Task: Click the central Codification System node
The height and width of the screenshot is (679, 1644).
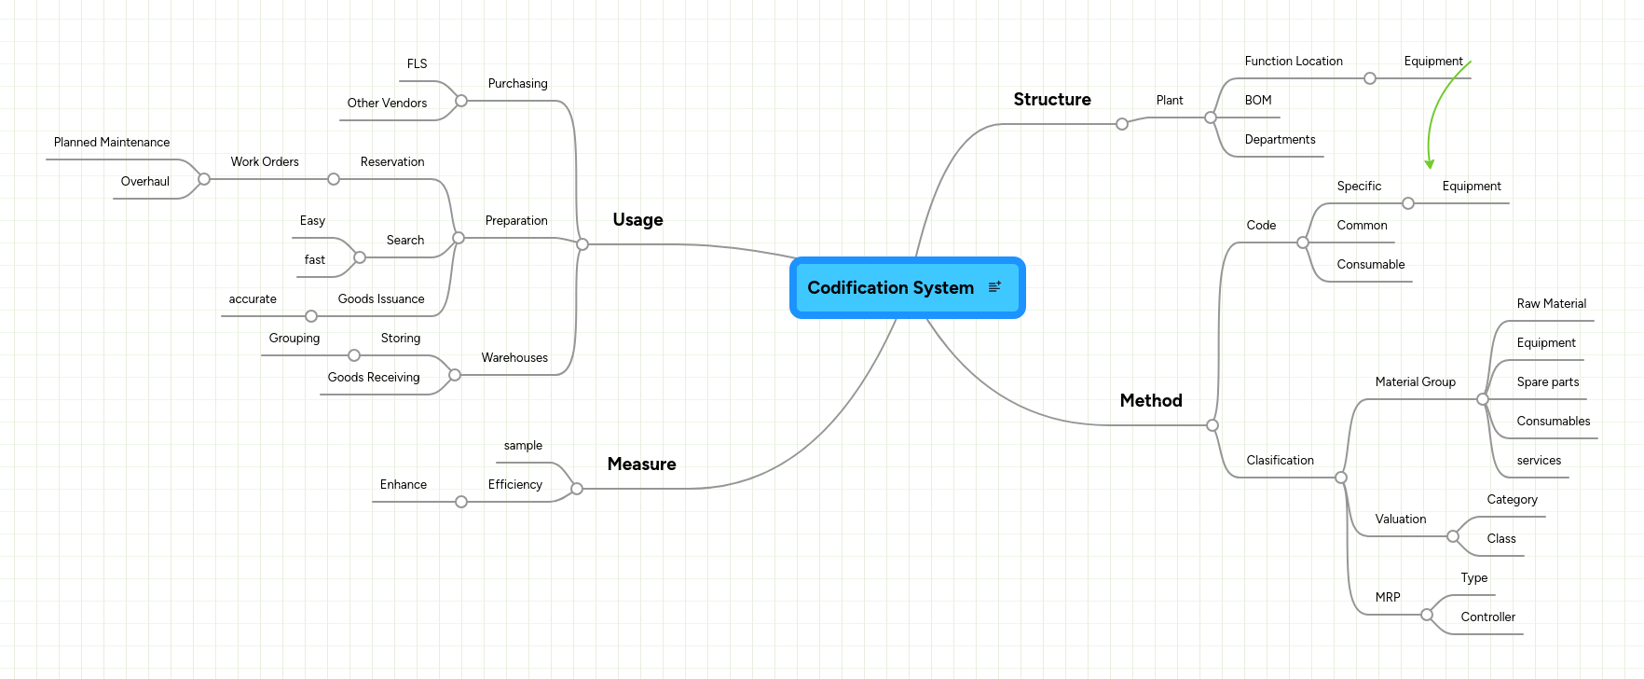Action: tap(890, 288)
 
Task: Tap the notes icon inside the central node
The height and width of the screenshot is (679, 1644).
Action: tap(994, 287)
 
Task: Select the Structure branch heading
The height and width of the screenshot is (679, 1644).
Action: tap(1051, 100)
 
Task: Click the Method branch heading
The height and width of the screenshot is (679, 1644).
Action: tap(1150, 401)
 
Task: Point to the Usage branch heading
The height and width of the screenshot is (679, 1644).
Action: tap(637, 220)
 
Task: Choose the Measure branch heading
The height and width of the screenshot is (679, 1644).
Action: tap(641, 464)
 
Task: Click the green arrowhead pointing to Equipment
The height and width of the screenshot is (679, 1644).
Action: tap(1429, 164)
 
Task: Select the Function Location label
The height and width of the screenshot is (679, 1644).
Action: tap(1293, 62)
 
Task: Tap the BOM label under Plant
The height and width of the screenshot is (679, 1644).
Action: tap(1257, 101)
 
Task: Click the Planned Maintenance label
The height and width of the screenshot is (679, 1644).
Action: tap(112, 143)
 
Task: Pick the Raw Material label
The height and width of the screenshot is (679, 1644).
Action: tap(1551, 304)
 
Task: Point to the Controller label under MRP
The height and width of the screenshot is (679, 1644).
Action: tap(1487, 617)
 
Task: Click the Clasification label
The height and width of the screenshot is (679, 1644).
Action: tap(1280, 461)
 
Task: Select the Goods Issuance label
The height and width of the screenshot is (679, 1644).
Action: tap(380, 299)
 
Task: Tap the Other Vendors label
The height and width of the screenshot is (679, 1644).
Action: tap(387, 104)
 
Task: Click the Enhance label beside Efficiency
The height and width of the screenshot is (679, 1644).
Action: tap(403, 485)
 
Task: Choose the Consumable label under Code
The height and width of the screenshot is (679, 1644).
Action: tap(1370, 265)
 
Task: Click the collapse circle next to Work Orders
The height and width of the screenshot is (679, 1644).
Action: tap(204, 179)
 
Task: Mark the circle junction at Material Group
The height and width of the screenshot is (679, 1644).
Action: tap(1482, 399)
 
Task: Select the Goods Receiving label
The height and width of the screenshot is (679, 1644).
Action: tap(373, 378)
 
